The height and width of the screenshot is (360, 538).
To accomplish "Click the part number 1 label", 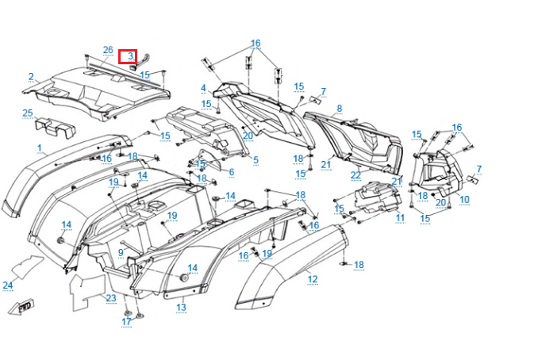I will pyautogui.click(x=40, y=148).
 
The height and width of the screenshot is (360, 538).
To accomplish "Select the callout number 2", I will pyautogui.click(x=31, y=77).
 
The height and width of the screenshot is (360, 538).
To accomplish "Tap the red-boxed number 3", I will pyautogui.click(x=129, y=56).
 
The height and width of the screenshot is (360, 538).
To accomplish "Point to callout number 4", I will pyautogui.click(x=203, y=88).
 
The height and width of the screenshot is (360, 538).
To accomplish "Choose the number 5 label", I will pyautogui.click(x=256, y=160).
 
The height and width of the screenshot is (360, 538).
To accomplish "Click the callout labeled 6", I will pyautogui.click(x=231, y=172).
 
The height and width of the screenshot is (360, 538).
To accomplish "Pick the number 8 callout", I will pyautogui.click(x=339, y=108).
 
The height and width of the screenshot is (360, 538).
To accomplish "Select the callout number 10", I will pyautogui.click(x=464, y=199).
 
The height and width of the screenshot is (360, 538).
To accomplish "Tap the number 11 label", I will pyautogui.click(x=400, y=217).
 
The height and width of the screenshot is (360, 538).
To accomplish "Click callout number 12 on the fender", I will pyautogui.click(x=313, y=278).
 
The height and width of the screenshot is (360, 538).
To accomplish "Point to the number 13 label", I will pyautogui.click(x=181, y=308).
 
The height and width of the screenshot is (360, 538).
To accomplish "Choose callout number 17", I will pyautogui.click(x=127, y=321).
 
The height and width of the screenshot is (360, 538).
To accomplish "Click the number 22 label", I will pyautogui.click(x=356, y=175).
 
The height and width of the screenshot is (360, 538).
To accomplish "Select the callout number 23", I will pyautogui.click(x=111, y=298).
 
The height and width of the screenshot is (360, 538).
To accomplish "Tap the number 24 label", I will pyautogui.click(x=8, y=285).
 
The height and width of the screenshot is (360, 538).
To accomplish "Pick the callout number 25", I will pyautogui.click(x=28, y=113).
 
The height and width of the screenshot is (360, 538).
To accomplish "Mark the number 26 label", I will pyautogui.click(x=108, y=51).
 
